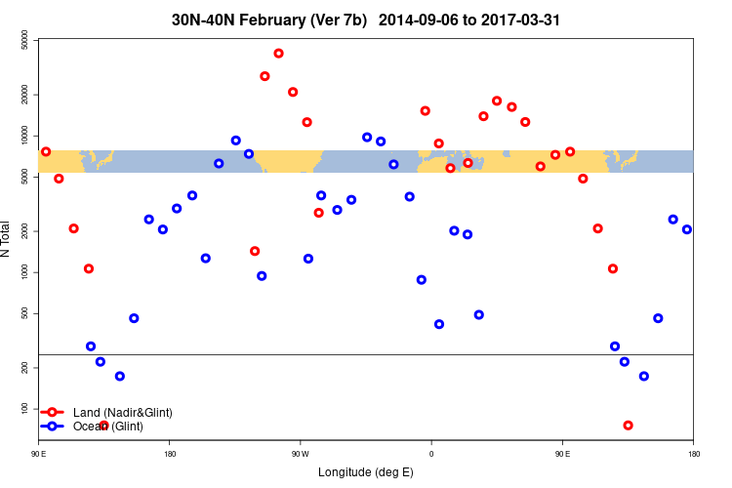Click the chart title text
[366, 20]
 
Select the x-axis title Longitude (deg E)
[366, 472]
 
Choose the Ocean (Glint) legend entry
[107, 427]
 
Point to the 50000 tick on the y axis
[23, 39]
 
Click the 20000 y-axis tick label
[23, 94]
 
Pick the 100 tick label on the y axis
[23, 408]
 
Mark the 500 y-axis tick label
[23, 313]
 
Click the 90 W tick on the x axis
[299, 454]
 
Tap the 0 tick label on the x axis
[431, 454]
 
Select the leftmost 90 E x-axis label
[39, 454]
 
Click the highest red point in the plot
[279, 54]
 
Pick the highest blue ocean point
[367, 138]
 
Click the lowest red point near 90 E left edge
[103, 426]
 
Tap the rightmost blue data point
[687, 229]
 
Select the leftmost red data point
[46, 152]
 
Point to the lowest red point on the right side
[628, 426]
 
